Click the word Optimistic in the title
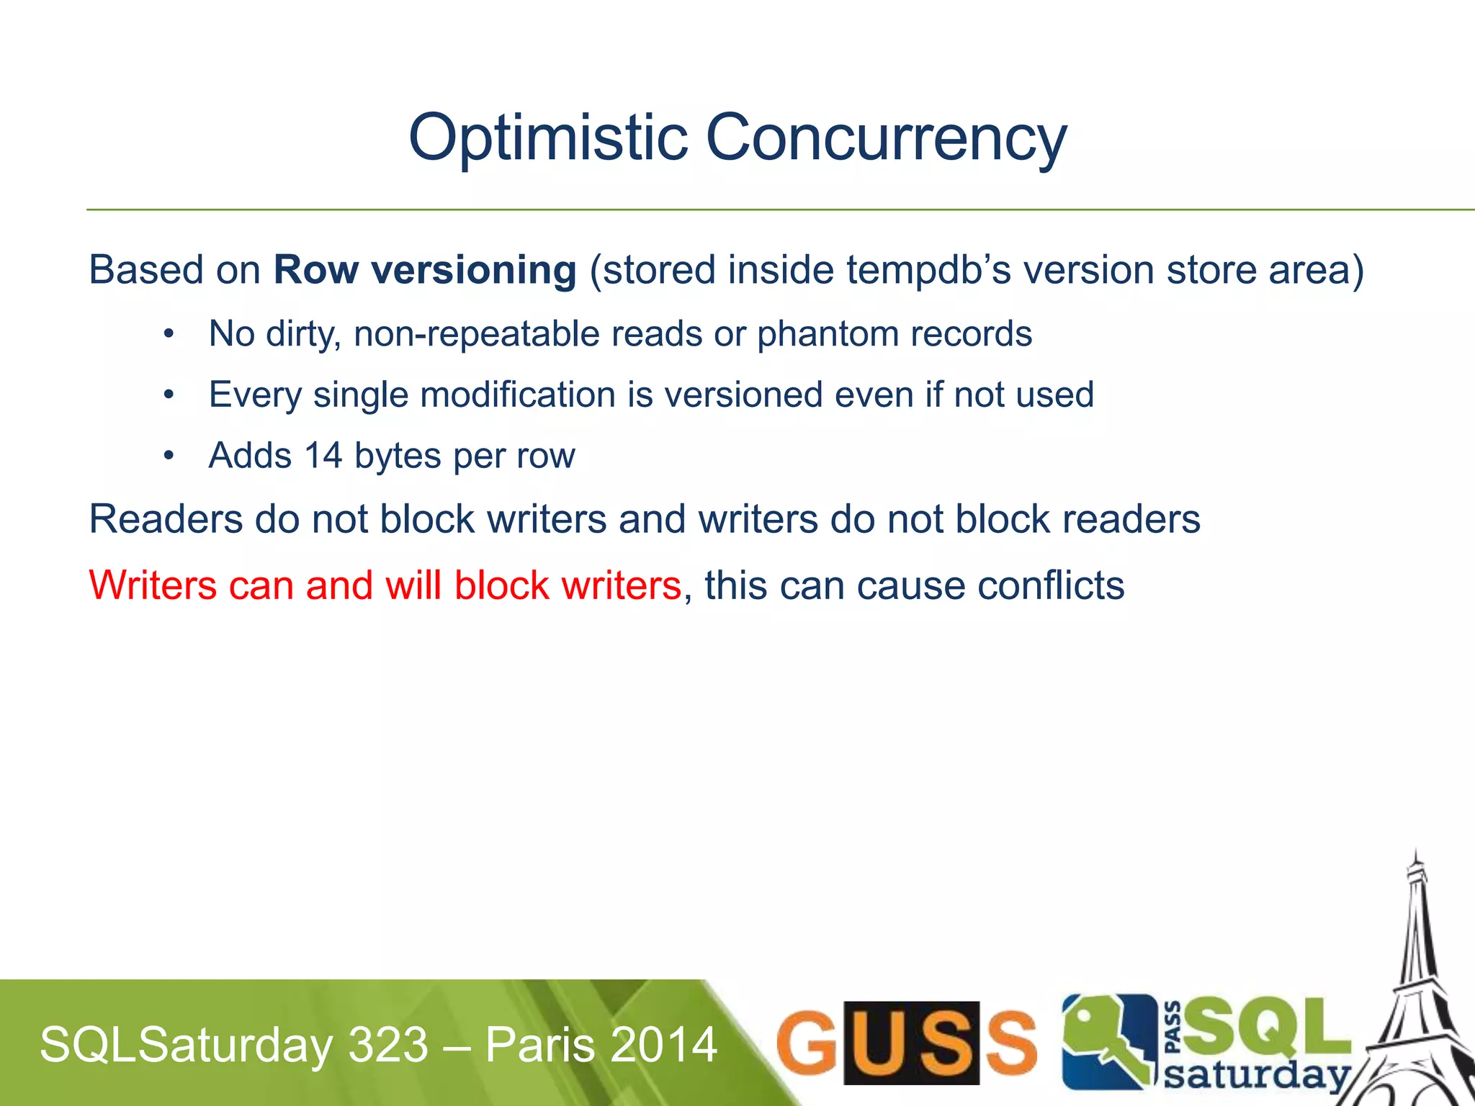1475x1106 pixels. [548, 138]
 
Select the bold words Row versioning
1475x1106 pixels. [425, 270]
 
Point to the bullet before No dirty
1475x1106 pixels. [169, 334]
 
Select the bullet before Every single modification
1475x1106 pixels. [169, 395]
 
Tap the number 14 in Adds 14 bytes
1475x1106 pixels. [323, 456]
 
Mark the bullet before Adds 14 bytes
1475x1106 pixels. [169, 457]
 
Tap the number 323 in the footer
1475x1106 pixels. [389, 1045]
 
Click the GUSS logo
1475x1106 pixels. [907, 1043]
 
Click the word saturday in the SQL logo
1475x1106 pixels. [1256, 1076]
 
